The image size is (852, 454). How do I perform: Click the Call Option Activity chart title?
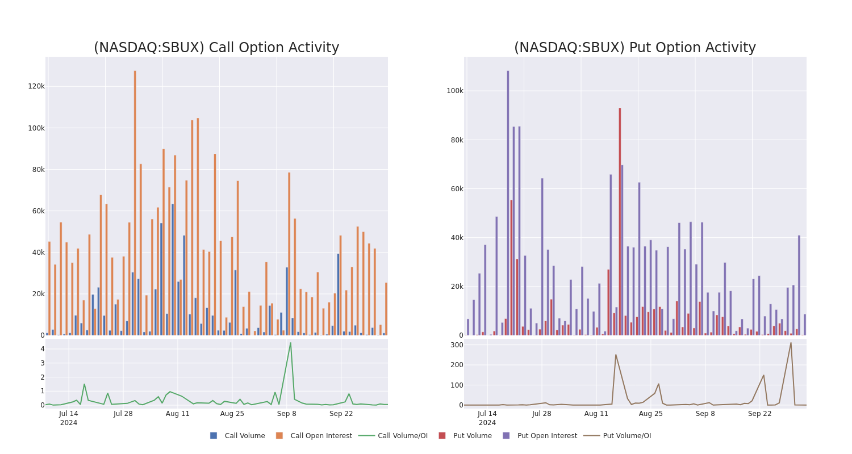click(x=216, y=48)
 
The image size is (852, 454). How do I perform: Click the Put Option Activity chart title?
click(x=634, y=48)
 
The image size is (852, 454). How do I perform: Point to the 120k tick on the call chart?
click(x=36, y=86)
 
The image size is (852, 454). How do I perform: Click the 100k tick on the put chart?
click(x=455, y=91)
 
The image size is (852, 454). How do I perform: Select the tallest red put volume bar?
click(x=620, y=221)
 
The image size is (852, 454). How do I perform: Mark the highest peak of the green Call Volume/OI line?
click(x=290, y=343)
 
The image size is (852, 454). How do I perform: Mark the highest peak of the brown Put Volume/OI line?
click(x=791, y=343)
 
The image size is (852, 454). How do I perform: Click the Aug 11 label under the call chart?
click(x=178, y=414)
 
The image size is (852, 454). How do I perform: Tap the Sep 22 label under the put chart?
click(x=760, y=414)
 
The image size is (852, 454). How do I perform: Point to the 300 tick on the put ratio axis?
click(x=457, y=345)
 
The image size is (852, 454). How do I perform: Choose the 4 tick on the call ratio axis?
click(x=42, y=349)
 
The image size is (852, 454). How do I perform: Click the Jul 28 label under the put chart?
click(x=542, y=414)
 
